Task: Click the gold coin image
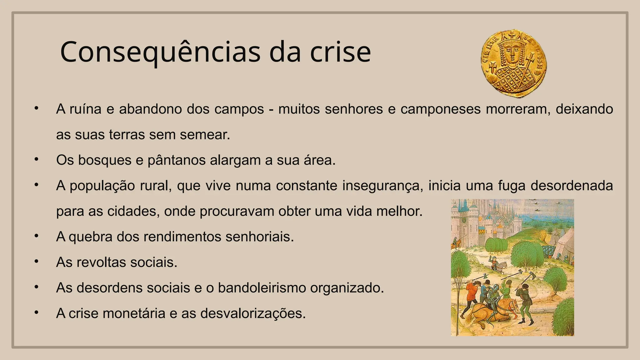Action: [x=513, y=63]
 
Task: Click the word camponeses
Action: [x=440, y=109]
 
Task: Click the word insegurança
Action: [x=382, y=186]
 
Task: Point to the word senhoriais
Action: [x=260, y=237]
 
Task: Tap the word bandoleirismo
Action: [x=262, y=288]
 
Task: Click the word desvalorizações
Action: [x=253, y=313]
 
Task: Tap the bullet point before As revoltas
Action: [x=37, y=261]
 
